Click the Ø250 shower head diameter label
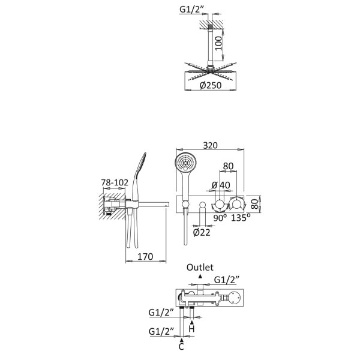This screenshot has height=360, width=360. pyautogui.click(x=211, y=85)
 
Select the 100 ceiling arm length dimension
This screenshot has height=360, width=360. pyautogui.click(x=218, y=43)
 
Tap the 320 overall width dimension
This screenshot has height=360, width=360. pyautogui.click(x=210, y=145)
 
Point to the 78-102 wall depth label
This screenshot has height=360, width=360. pyautogui.click(x=115, y=182)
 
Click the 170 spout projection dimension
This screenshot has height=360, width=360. pyautogui.click(x=145, y=256)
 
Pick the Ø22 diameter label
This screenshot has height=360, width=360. pyautogui.click(x=202, y=233)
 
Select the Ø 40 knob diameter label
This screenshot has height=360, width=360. pyautogui.click(x=220, y=185)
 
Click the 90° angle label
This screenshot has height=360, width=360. pyautogui.click(x=220, y=218)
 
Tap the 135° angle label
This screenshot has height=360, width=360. pyautogui.click(x=241, y=217)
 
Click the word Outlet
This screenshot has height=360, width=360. pyautogui.click(x=200, y=267)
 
